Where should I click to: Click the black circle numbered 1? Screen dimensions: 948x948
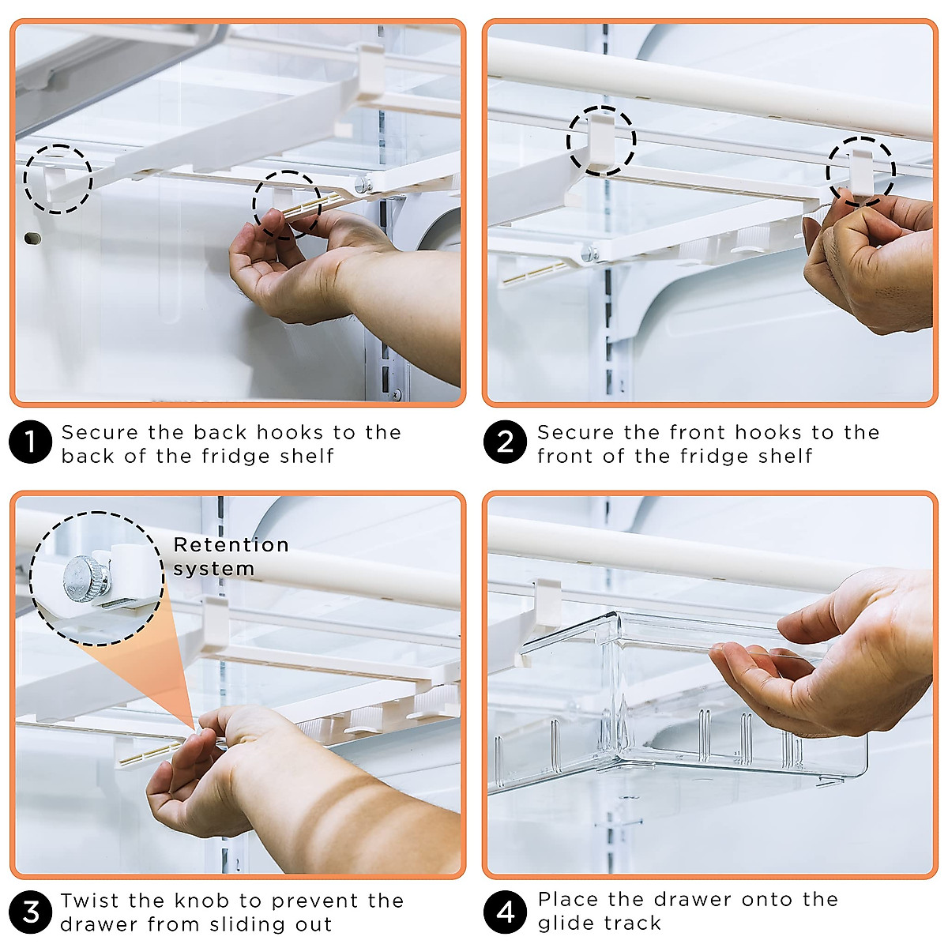[30, 442]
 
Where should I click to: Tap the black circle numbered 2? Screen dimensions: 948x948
[505, 442]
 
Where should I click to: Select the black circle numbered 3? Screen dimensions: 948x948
[30, 912]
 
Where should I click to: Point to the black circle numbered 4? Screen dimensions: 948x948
[505, 912]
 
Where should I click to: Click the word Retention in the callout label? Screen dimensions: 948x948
[231, 545]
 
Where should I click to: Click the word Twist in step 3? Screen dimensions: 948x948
[90, 901]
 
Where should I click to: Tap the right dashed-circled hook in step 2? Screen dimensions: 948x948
[861, 172]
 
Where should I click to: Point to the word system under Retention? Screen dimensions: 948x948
[213, 569]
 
